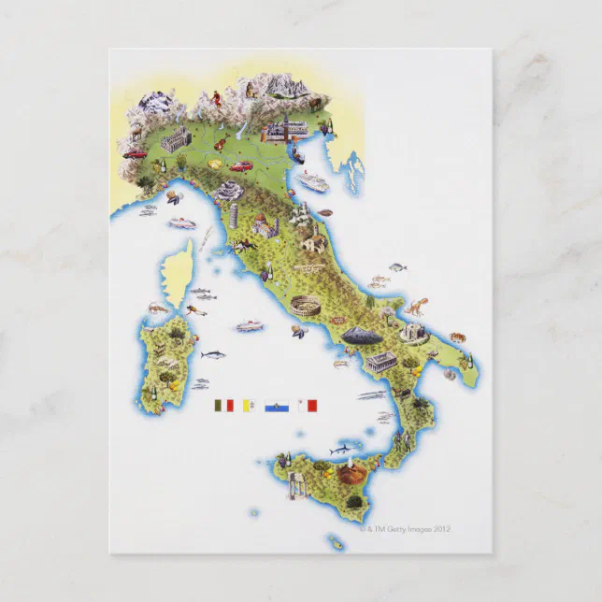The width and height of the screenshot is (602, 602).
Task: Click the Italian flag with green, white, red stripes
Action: (222, 406)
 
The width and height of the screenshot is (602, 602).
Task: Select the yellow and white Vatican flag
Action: (250, 406)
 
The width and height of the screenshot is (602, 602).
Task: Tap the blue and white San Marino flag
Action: (277, 406)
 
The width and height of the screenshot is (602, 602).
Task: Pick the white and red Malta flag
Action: (308, 406)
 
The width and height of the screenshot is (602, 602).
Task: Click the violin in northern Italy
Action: (221, 143)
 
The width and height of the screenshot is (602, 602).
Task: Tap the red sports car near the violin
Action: (241, 166)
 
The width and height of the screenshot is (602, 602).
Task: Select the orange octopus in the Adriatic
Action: (413, 306)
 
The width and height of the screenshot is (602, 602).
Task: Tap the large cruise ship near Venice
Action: (313, 181)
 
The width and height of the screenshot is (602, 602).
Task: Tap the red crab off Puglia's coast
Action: (457, 337)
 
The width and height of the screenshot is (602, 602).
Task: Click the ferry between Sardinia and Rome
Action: (250, 326)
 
